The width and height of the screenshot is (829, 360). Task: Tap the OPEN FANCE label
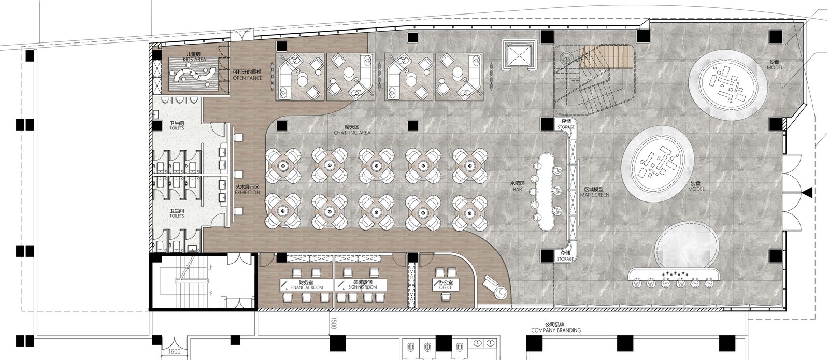(247, 78)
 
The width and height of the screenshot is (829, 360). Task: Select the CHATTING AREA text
(352, 133)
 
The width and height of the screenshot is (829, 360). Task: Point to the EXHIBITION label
(247, 192)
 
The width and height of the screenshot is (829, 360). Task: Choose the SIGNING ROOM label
(362, 287)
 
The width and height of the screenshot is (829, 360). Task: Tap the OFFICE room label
(445, 287)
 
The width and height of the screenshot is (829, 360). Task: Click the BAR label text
(518, 190)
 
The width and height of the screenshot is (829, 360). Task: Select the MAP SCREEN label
(594, 195)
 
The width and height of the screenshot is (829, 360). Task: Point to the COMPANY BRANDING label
(556, 330)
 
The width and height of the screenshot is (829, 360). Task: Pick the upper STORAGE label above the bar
(565, 127)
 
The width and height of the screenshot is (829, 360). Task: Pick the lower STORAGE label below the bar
(565, 258)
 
